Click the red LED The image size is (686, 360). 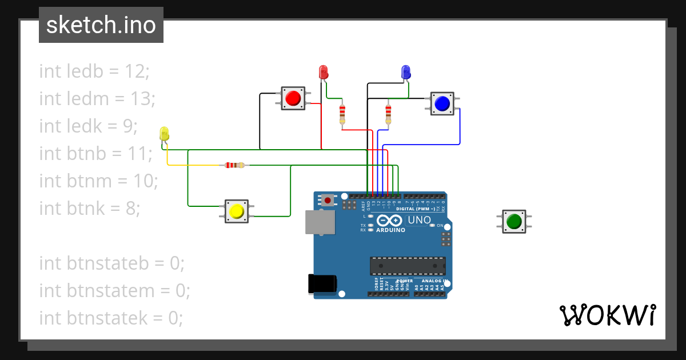pos(323,72)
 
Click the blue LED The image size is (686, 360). pos(406,72)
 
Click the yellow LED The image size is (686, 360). pos(165,134)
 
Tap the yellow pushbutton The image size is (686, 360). pos(236,211)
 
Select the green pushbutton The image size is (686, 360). pos(514,221)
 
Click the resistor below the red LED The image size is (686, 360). pos(342,114)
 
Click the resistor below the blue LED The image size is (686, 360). pos(388,114)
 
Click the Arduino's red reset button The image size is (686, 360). pos(328,200)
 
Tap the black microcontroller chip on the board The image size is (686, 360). pos(408,266)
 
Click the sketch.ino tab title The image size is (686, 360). pos(101,25)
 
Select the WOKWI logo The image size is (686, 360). pos(607,315)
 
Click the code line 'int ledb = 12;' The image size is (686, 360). pos(94,71)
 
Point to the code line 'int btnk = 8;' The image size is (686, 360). pos(90,209)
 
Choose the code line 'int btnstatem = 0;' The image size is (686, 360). pos(114,291)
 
